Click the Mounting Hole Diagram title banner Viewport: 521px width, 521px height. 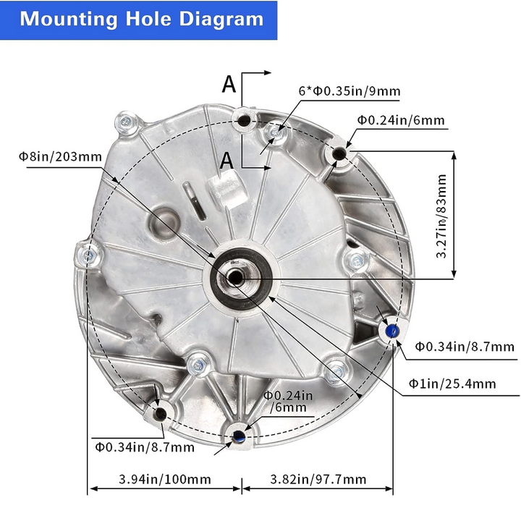[138, 20]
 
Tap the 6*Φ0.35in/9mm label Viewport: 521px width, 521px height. [350, 91]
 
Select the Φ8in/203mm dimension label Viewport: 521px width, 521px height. [60, 156]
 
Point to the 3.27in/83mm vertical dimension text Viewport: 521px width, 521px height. [441, 216]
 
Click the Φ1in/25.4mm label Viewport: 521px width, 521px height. [452, 384]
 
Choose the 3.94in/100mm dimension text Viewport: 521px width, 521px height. [165, 480]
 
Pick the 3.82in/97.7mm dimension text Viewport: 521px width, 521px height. [318, 480]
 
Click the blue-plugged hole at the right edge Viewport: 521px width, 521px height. [392, 331]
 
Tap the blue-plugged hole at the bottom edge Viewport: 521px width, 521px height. [239, 436]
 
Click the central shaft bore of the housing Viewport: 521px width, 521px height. [235, 277]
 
